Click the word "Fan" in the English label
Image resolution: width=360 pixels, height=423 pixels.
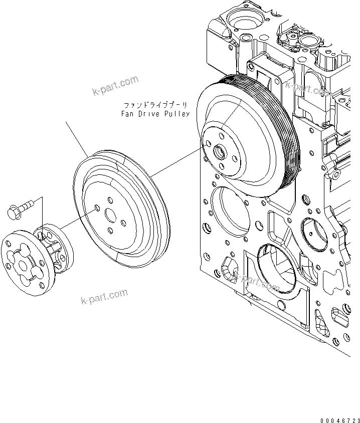pos(127,114)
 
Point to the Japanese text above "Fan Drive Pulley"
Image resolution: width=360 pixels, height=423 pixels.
pos(156,105)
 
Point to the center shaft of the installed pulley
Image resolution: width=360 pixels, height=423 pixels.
pos(219,151)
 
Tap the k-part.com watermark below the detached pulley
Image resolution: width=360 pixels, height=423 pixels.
pos(104,297)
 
